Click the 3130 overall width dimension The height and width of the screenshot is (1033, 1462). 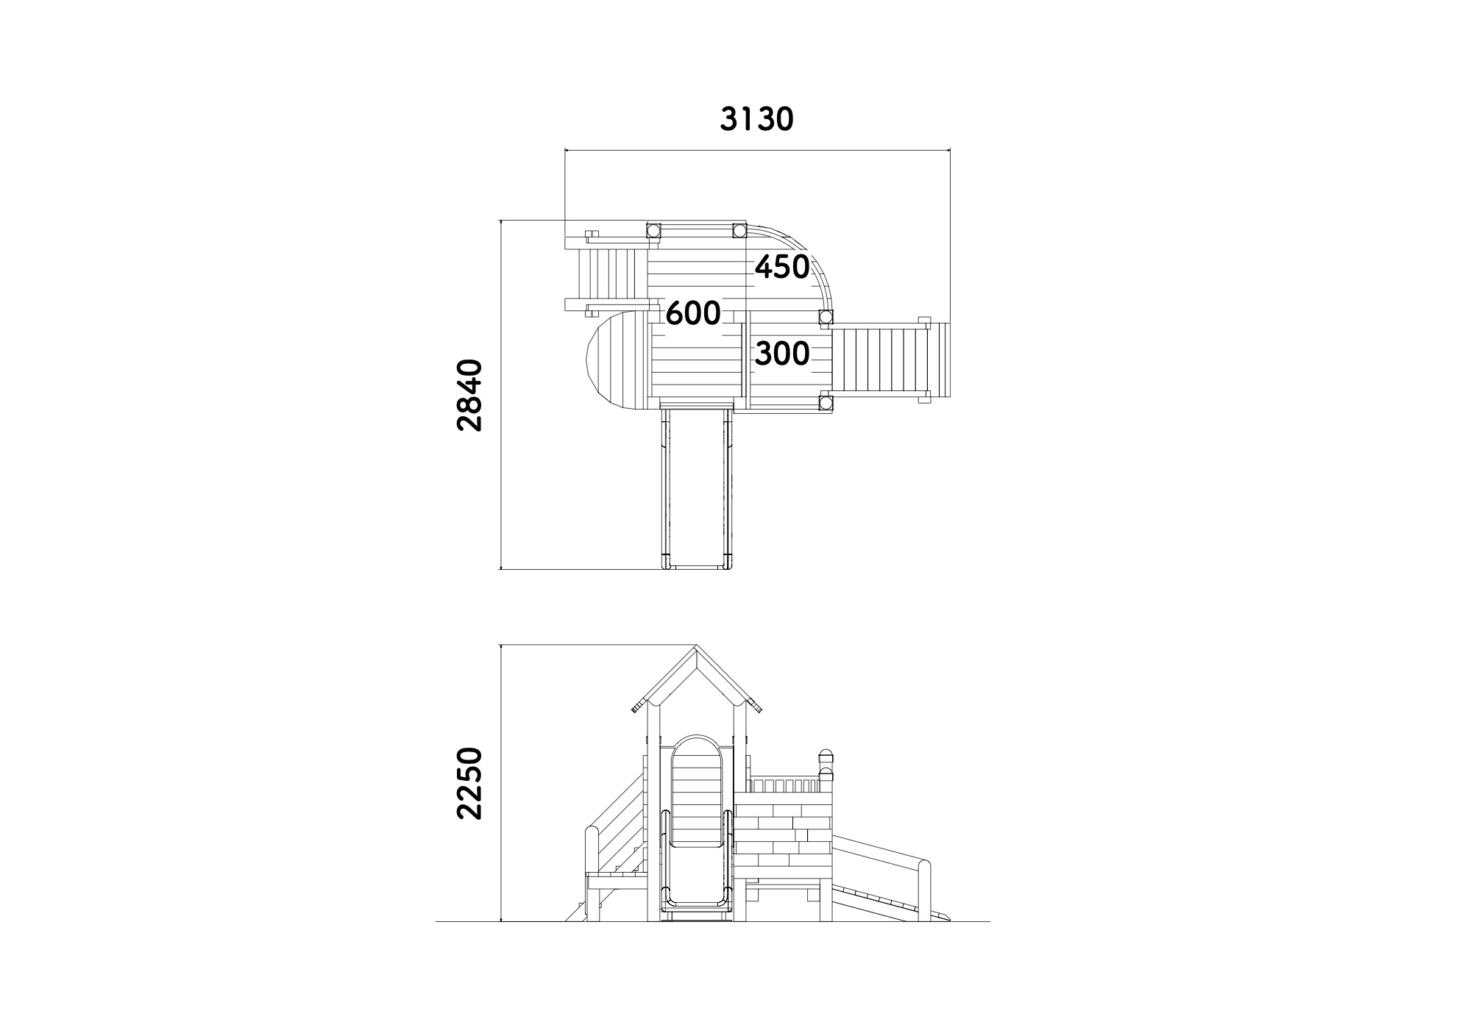[756, 119]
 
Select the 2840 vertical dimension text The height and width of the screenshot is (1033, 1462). [469, 395]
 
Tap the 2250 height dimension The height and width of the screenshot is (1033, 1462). [469, 783]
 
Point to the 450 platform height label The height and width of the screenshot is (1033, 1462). [782, 267]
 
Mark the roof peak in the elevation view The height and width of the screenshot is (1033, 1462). [696, 647]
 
